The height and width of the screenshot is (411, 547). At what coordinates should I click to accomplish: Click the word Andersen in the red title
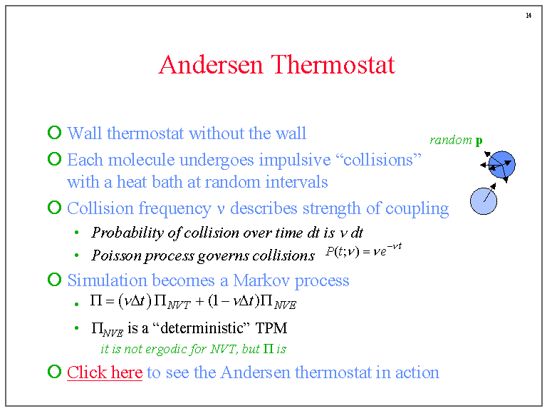pyautogui.click(x=210, y=65)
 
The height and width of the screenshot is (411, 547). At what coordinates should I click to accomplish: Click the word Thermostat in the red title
pyautogui.click(x=333, y=65)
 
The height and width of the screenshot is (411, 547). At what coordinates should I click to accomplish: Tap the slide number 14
pyautogui.click(x=528, y=16)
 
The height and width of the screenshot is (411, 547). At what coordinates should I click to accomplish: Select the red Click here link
pyautogui.click(x=105, y=372)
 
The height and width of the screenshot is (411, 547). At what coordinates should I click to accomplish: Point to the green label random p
pyautogui.click(x=457, y=140)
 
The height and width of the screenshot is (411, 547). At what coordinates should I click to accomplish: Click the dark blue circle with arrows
pyautogui.click(x=501, y=164)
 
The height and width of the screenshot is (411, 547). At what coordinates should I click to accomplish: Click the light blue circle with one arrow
pyautogui.click(x=484, y=201)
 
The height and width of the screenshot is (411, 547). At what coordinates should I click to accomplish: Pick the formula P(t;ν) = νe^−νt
pyautogui.click(x=363, y=250)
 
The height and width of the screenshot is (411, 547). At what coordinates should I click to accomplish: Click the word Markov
pyautogui.click(x=261, y=280)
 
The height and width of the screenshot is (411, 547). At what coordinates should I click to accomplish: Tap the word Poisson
pyautogui.click(x=117, y=255)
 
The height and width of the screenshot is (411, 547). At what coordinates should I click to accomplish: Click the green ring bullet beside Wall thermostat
pyautogui.click(x=54, y=133)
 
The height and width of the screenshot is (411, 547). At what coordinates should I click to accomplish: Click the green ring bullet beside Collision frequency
pyautogui.click(x=54, y=208)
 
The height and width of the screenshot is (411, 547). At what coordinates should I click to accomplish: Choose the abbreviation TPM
pyautogui.click(x=271, y=328)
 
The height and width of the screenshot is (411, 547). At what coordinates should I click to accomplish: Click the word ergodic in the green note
pyautogui.click(x=167, y=349)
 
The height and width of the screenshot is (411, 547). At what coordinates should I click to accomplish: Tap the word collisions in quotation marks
pyautogui.click(x=378, y=160)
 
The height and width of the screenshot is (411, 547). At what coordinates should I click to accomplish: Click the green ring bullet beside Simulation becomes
pyautogui.click(x=54, y=280)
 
